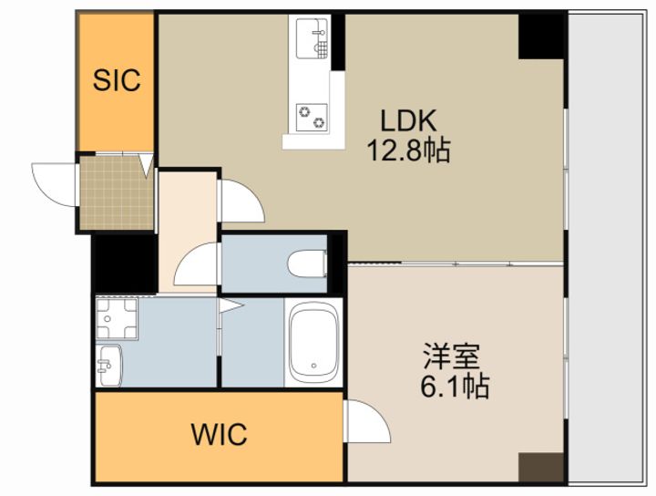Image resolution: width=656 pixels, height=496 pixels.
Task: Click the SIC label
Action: coord(117,80)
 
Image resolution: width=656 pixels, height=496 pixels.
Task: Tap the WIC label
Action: coord(220,434)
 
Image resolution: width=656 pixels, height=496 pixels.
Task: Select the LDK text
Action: coord(408,120)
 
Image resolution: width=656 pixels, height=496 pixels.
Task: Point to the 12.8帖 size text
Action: coord(409,150)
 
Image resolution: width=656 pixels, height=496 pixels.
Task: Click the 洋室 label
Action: coord(451,356)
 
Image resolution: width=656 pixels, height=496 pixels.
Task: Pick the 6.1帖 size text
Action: coord(455,387)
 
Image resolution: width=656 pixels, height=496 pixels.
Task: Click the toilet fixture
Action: coord(308,263)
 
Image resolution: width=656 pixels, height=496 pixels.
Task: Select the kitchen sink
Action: coord(313,38)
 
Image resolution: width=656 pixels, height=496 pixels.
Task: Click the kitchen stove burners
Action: coord(312,118)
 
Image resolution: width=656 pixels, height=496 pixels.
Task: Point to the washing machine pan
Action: coord(117,318)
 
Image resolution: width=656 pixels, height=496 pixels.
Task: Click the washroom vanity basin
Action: coord(108,366)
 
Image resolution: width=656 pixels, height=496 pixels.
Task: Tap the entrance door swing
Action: coord(53,184)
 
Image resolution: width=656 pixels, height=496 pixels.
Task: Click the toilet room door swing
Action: coord(197,264)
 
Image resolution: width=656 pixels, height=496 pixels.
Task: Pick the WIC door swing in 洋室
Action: coord(367,421)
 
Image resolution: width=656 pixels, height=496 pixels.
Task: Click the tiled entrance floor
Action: coord(117,192)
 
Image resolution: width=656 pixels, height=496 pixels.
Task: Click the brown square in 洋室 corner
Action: coord(541,467)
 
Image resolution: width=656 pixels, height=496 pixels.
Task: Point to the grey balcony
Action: coord(607,249)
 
